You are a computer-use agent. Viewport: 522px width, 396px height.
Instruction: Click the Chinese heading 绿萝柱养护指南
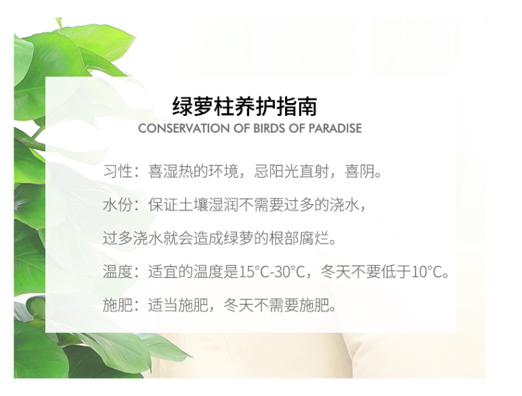[244, 106]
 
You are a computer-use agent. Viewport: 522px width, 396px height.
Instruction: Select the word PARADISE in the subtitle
[335, 128]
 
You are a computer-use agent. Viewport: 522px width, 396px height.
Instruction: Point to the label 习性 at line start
[118, 172]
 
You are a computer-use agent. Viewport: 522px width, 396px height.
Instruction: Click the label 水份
[118, 205]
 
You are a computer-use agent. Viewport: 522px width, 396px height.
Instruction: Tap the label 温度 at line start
[118, 271]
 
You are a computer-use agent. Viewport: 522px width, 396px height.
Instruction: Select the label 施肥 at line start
[118, 304]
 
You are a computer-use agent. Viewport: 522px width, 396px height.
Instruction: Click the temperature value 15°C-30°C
[272, 272]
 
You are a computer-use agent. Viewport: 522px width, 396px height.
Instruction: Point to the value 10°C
[427, 272]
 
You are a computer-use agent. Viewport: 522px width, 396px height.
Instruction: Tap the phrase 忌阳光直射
[292, 172]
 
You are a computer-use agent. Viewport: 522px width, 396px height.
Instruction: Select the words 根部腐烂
[299, 238]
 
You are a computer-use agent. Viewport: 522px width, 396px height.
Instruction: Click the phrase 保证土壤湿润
[193, 205]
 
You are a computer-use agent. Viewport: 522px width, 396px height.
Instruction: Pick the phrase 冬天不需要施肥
[276, 304]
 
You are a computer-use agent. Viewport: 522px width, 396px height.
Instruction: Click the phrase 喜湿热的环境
[193, 172]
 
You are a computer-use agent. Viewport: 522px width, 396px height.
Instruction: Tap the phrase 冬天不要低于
[366, 271]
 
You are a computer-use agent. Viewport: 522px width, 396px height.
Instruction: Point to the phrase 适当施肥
[178, 304]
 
